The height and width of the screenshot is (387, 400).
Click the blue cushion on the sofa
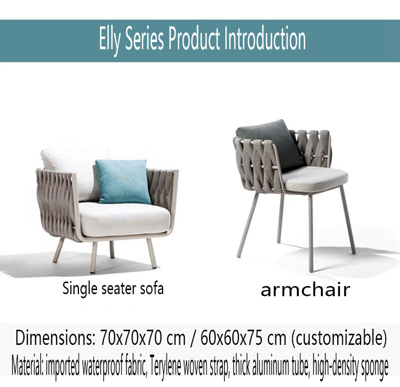123,182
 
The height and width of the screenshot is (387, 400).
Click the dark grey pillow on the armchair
273,145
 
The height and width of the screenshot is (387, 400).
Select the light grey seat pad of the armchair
315,178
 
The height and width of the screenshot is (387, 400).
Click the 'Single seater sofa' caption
113,289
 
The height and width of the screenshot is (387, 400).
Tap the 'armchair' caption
305,290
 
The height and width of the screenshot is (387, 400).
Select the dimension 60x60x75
231,338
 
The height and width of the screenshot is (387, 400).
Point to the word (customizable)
339,338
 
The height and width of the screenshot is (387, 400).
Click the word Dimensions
55,338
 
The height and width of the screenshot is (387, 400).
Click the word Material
27,366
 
